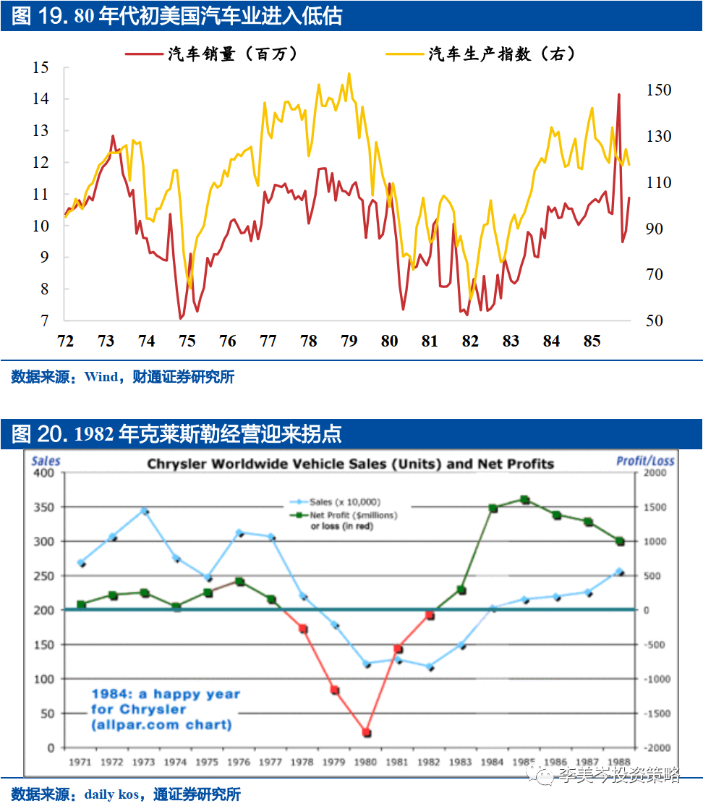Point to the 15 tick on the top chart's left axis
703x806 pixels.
[41, 68]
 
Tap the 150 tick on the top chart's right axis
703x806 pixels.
[659, 90]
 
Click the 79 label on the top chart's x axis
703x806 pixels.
[349, 341]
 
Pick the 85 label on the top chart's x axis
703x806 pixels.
[592, 341]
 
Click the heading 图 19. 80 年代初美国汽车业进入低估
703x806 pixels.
[176, 17]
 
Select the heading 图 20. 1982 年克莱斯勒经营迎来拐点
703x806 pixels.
[176, 433]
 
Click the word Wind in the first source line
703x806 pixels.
[101, 377]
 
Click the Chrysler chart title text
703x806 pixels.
[351, 464]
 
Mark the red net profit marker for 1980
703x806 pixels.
[367, 733]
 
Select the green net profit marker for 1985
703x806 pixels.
[525, 500]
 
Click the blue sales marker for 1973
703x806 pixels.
[144, 511]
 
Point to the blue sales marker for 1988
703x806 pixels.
[619, 572]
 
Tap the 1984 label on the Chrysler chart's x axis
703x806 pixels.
[493, 762]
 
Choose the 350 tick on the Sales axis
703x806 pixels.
[45, 507]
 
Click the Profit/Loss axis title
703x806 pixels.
[645, 461]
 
